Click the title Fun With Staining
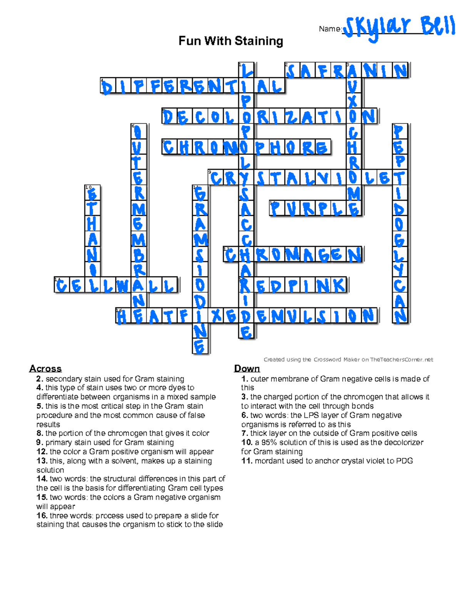click(231, 41)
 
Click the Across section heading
click(45, 369)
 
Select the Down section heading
click(247, 369)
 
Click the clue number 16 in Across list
click(42, 516)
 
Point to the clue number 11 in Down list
click(247, 461)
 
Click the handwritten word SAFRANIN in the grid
click(346, 71)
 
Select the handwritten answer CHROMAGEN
click(293, 255)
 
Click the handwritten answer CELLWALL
click(115, 286)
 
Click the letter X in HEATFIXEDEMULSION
click(216, 316)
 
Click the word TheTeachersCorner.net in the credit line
click(402, 360)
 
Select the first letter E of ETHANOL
click(92, 193)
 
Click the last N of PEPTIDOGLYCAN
click(400, 316)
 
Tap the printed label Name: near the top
click(330, 29)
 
